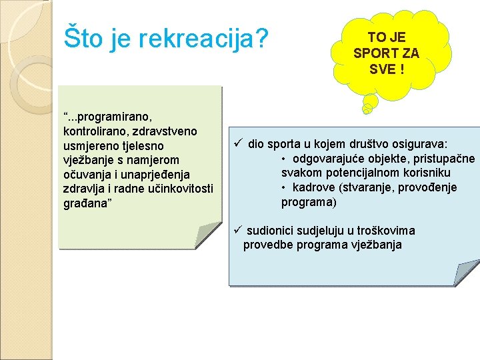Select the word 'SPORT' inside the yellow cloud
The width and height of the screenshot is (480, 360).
(377, 53)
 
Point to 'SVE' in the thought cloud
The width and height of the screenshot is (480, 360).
(382, 70)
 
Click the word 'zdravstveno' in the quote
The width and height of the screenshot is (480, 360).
(167, 131)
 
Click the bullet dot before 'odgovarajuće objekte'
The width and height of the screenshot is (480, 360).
(284, 159)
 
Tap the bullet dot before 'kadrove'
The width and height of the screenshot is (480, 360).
(284, 188)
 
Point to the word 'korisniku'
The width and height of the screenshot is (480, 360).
(427, 173)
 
